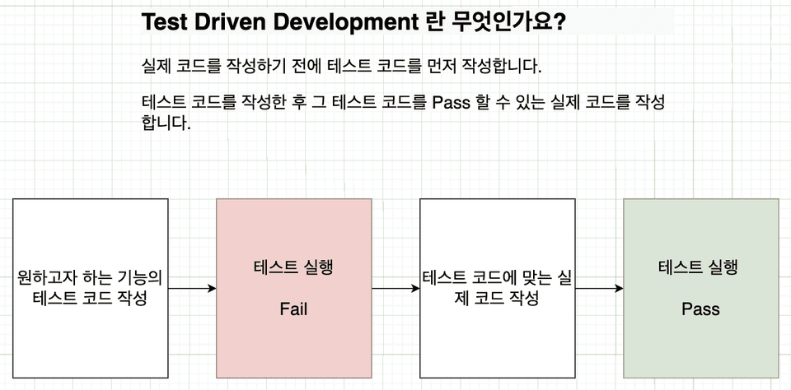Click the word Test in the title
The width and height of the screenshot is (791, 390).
[163, 22]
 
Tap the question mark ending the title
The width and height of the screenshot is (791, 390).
[559, 23]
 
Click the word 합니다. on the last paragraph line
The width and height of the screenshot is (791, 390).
[166, 123]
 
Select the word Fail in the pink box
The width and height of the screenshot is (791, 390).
[293, 309]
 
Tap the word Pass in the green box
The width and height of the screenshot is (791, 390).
[700, 309]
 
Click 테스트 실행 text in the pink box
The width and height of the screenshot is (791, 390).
[293, 267]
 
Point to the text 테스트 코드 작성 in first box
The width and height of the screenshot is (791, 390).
[90, 299]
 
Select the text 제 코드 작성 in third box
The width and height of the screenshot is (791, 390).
[497, 299]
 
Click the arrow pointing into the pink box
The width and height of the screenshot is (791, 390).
[192, 289]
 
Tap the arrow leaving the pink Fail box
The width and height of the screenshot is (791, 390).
[395, 289]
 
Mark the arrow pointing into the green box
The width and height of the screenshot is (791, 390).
[599, 289]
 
